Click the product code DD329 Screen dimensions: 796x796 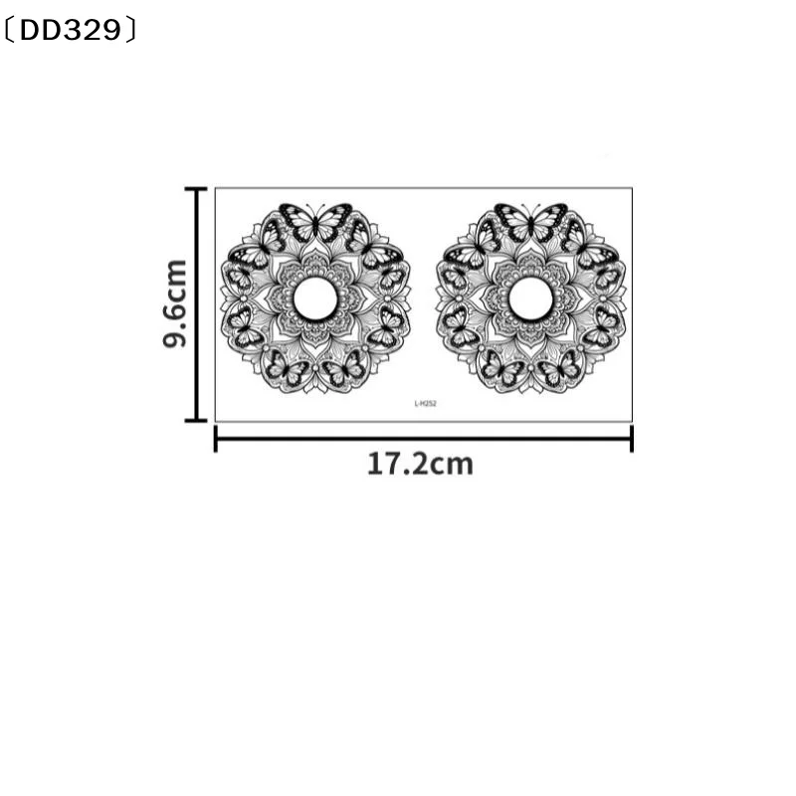coord(71,31)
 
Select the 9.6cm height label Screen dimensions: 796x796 coord(175,303)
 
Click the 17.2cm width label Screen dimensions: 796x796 coord(420,465)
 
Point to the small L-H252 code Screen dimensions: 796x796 coord(426,404)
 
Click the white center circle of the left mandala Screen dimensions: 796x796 coord(315,299)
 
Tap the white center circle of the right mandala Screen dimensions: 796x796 coord(530,299)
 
